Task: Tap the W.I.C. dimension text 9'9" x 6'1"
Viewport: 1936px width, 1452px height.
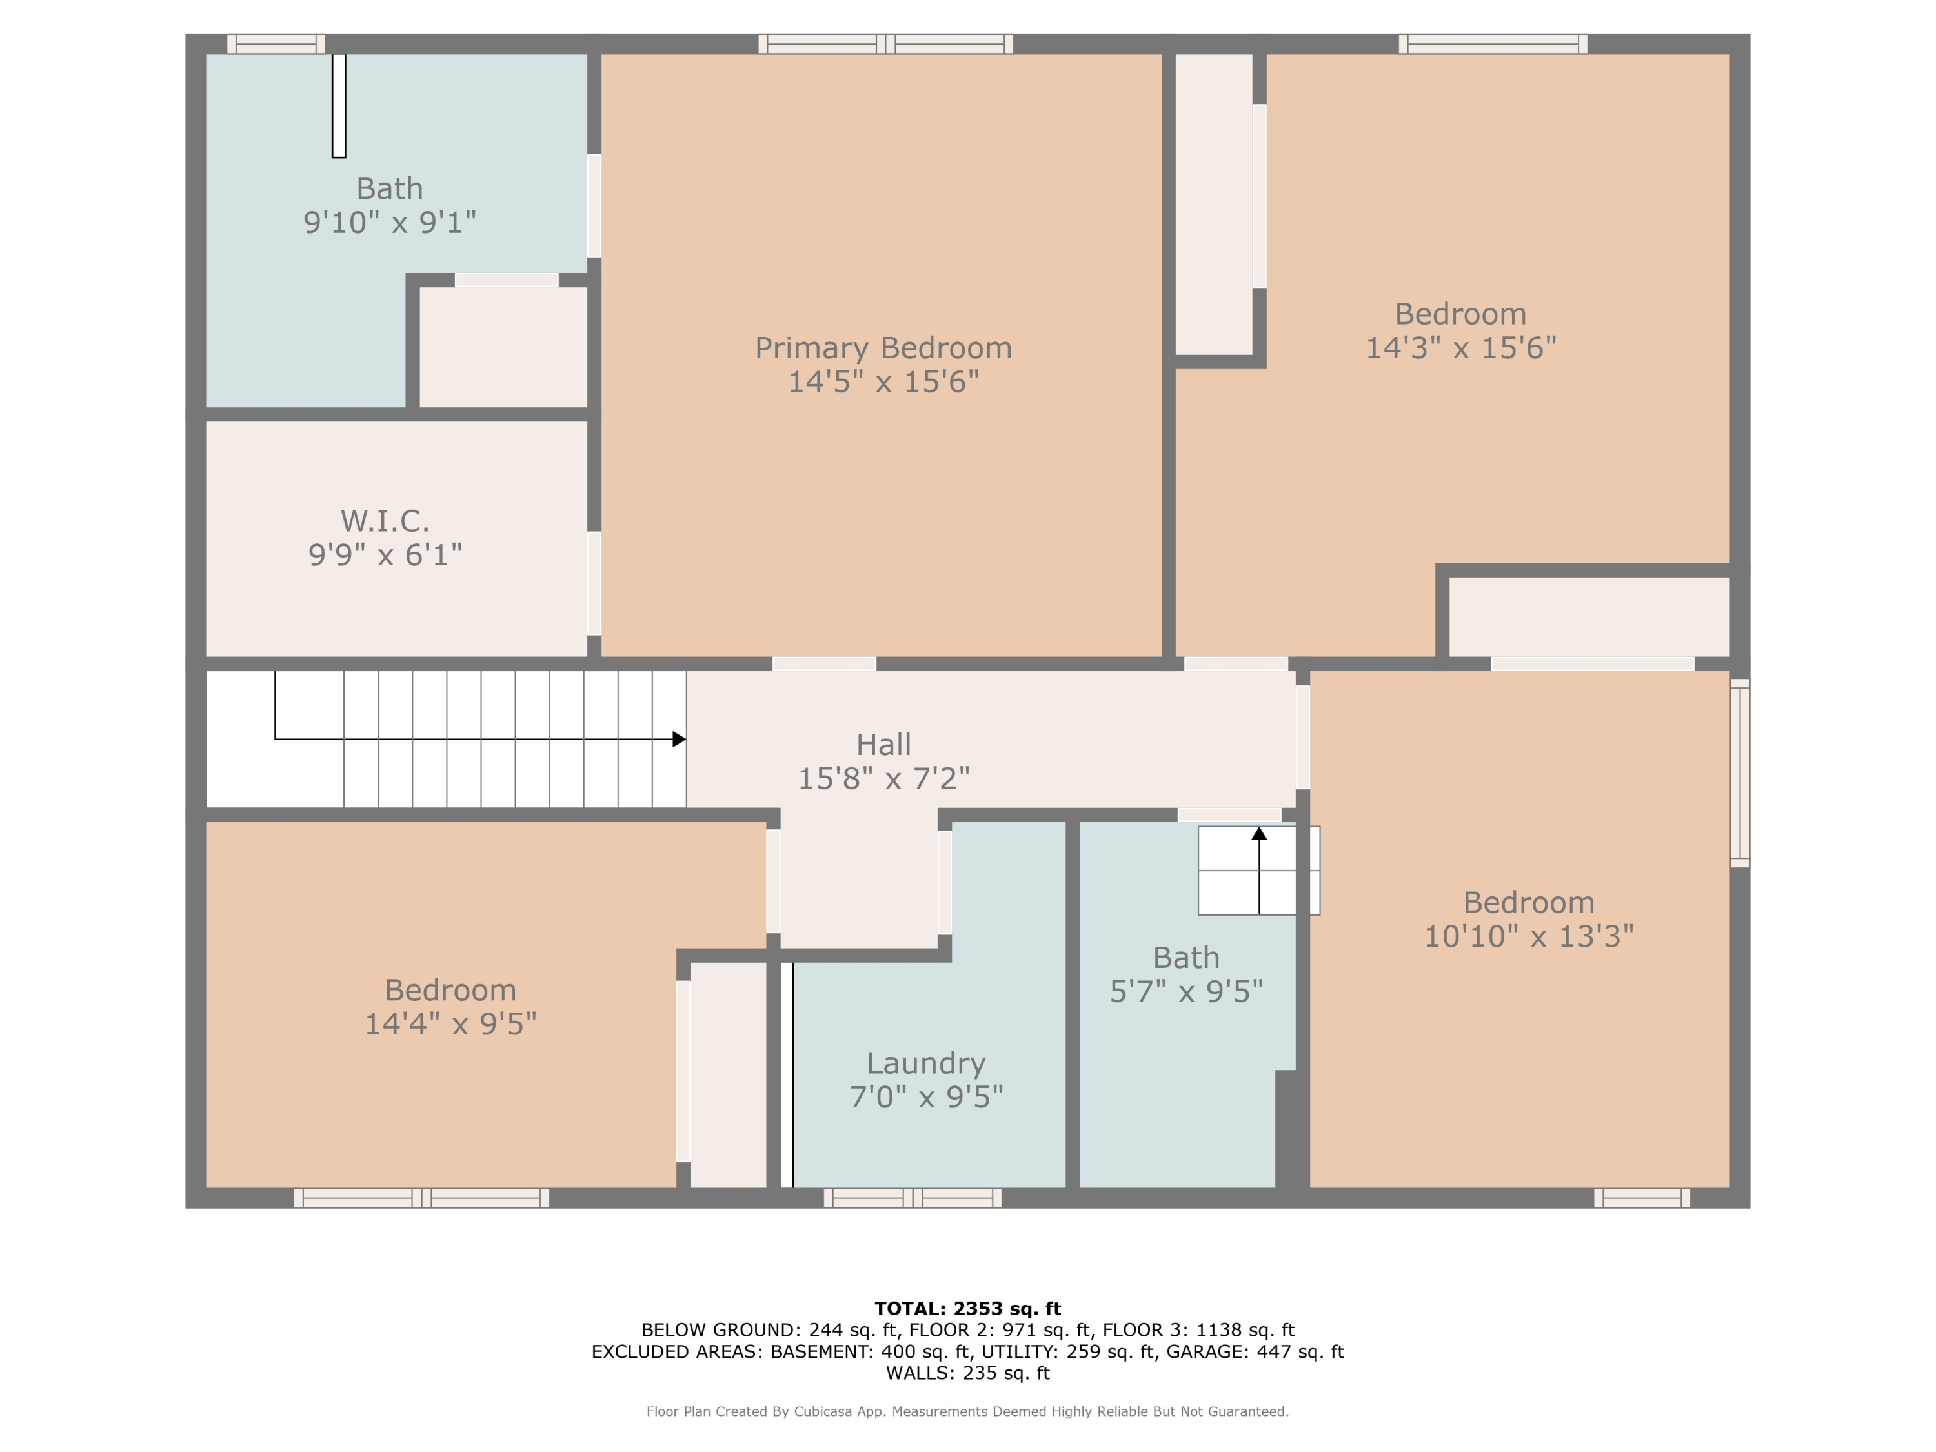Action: (x=385, y=554)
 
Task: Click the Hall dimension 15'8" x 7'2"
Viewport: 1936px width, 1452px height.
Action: (x=883, y=778)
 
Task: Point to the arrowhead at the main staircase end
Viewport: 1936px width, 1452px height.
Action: (x=679, y=740)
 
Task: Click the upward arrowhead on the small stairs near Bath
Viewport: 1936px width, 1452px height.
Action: (x=1258, y=834)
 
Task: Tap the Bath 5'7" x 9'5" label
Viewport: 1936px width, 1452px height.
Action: (x=1186, y=974)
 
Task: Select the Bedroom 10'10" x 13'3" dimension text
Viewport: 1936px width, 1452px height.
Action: (x=1528, y=936)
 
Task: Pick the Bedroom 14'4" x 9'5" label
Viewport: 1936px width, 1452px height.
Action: (x=450, y=1007)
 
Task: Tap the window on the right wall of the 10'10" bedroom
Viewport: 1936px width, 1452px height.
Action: (x=1740, y=773)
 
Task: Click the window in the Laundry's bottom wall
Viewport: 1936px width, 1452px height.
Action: (x=912, y=1198)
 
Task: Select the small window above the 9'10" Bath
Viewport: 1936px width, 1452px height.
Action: (x=276, y=44)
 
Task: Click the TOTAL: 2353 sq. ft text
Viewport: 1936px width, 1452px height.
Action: (x=967, y=1309)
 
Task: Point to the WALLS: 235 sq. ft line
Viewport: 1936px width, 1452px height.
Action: (x=967, y=1373)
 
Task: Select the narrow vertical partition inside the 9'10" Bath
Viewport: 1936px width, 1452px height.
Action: (x=339, y=106)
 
